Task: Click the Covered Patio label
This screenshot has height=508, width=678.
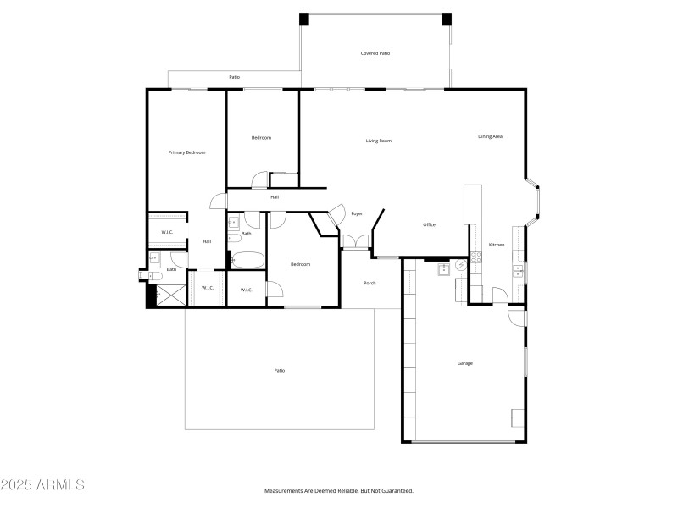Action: pyautogui.click(x=375, y=53)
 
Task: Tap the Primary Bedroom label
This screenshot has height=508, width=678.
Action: pyautogui.click(x=186, y=152)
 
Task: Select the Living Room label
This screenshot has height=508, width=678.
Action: pyautogui.click(x=378, y=141)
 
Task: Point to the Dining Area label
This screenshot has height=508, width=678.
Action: pyautogui.click(x=490, y=136)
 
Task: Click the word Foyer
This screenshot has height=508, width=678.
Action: pyautogui.click(x=357, y=213)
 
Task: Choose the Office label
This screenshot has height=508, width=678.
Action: pyautogui.click(x=429, y=224)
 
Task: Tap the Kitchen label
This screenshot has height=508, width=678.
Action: pyautogui.click(x=497, y=245)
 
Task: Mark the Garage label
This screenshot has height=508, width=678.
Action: pyautogui.click(x=464, y=363)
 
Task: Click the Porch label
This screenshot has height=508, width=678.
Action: pyautogui.click(x=370, y=283)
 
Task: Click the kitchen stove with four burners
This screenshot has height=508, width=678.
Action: pyautogui.click(x=475, y=258)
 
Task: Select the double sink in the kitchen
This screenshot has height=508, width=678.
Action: pyautogui.click(x=516, y=270)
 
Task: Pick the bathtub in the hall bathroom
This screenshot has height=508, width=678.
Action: pyautogui.click(x=247, y=260)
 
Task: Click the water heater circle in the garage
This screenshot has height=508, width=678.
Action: pyautogui.click(x=461, y=265)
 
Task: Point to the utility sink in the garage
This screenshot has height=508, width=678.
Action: pyautogui.click(x=442, y=269)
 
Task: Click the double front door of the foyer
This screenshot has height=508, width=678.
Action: pyautogui.click(x=357, y=243)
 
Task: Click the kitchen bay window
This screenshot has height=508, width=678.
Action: pyautogui.click(x=536, y=203)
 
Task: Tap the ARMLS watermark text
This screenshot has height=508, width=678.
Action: pyautogui.click(x=42, y=485)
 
